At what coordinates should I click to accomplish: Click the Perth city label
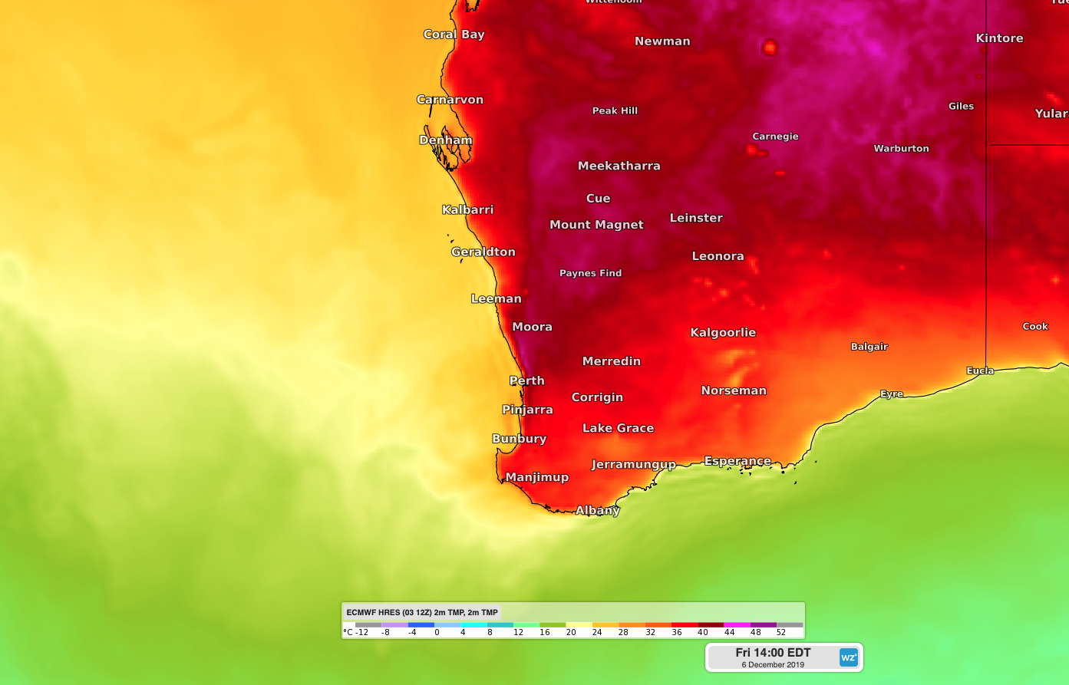527,380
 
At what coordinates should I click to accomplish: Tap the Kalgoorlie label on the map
723,332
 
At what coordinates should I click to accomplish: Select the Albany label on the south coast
597,510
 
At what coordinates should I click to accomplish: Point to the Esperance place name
737,461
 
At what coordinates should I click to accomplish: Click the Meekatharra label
619,166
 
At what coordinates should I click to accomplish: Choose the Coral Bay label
454,35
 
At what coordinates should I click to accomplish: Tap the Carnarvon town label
450,100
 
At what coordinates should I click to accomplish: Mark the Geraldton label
483,252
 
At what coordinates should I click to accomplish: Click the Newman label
662,41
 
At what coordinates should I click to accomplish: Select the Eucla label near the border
980,370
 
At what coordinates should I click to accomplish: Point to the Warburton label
901,149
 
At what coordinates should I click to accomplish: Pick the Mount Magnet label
596,225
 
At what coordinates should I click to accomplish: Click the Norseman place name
734,390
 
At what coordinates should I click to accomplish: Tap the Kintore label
999,38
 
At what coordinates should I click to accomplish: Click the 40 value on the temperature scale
702,633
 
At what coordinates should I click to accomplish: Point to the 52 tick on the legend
780,633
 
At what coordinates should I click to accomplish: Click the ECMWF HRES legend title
422,612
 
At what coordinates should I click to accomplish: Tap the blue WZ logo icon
848,657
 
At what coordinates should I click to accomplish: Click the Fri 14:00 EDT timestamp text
773,653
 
